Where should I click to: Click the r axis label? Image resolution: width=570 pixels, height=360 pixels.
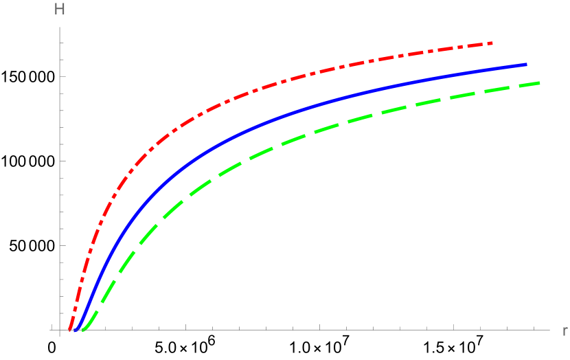[x=565, y=331]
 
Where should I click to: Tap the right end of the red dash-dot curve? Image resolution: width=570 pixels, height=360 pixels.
[x=492, y=43]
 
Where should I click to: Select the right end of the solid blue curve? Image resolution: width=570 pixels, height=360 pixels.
[x=526, y=64]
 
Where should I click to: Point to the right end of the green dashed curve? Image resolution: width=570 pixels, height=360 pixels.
[x=540, y=82]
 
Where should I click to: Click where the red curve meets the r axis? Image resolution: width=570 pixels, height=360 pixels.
[x=70, y=330]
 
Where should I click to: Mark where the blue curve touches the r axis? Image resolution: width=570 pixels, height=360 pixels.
[x=78, y=330]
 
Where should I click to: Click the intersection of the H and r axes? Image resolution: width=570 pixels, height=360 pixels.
[x=60, y=330]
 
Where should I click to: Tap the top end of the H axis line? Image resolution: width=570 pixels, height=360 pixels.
[x=60, y=27]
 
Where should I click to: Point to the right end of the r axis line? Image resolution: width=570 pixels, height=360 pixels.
[x=549, y=330]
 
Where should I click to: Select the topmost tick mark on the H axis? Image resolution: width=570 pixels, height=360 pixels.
[x=62, y=43]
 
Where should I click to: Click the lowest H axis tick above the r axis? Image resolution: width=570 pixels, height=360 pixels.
[x=62, y=313]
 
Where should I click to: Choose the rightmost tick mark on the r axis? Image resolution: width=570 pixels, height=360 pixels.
[x=534, y=328]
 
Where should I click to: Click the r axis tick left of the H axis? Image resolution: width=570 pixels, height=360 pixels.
[x=52, y=328]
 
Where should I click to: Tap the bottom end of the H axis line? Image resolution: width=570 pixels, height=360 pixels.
[x=60, y=335]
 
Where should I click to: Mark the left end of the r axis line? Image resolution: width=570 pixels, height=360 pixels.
[x=49, y=330]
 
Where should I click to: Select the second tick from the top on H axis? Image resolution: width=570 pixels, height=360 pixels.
[x=62, y=60]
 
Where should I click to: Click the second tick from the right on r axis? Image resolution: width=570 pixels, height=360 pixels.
[x=508, y=328]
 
